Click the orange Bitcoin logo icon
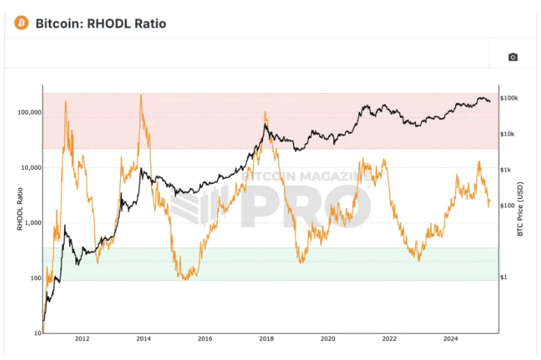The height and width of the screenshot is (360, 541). pos(21,24)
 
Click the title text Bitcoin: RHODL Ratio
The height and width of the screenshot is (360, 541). pos(100,24)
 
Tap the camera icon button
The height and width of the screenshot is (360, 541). pos(512,57)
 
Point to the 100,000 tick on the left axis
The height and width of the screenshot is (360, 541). pos(28,113)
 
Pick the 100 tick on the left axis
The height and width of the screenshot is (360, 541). pos(34,278)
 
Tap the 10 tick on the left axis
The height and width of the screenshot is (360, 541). pos(36,333)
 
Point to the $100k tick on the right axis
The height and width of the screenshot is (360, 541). pos(509,98)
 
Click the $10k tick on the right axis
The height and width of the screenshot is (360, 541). pos(509,134)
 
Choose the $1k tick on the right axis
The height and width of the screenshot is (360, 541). pos(507,170)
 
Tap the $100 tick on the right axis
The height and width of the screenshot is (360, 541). pos(508,206)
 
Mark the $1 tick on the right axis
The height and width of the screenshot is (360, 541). pos(504,278)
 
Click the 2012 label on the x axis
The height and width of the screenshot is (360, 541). pos(82,338)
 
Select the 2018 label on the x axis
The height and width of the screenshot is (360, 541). pos(266,338)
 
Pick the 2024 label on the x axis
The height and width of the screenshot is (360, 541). pos(451,338)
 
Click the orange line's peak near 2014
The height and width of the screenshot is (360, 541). pos(140,95)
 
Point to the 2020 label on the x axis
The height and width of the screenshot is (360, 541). pos(327,338)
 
